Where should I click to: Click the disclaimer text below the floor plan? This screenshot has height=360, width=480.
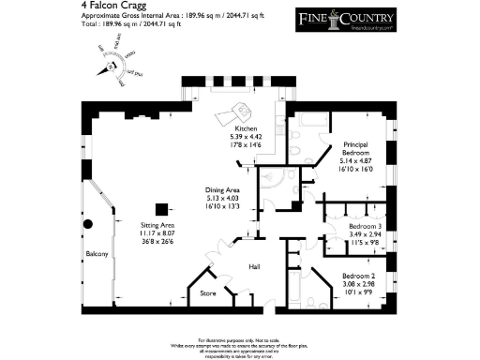[239, 346]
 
